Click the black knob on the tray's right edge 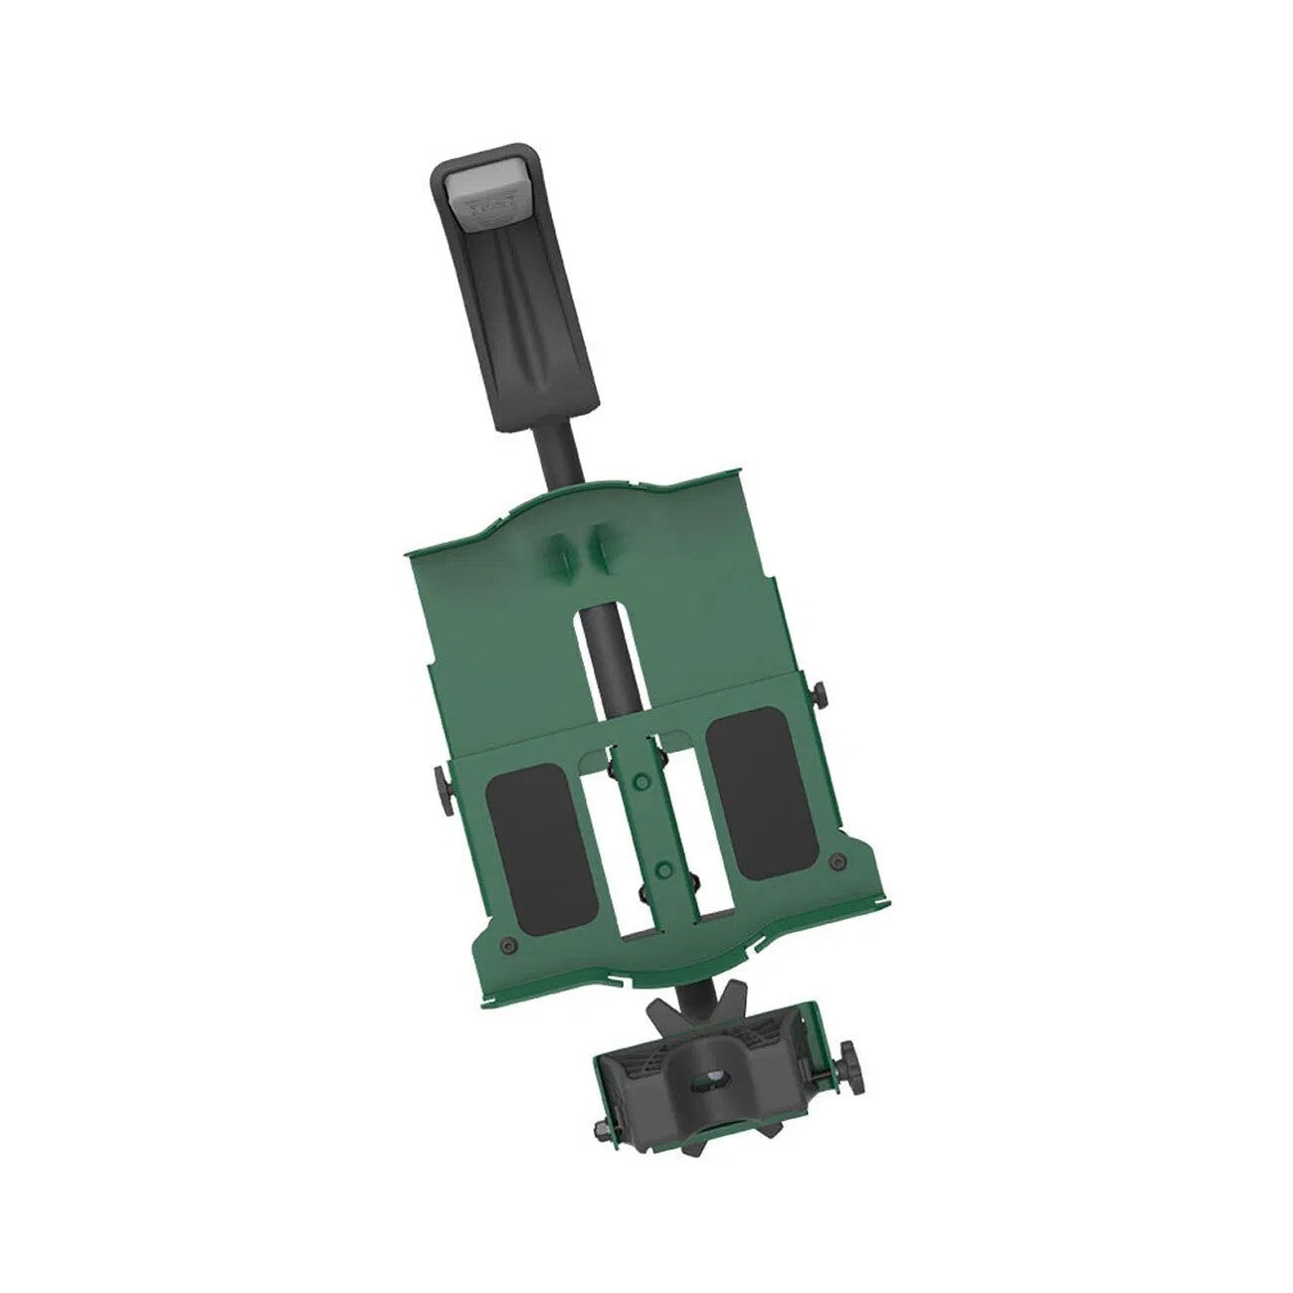point(821,693)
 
